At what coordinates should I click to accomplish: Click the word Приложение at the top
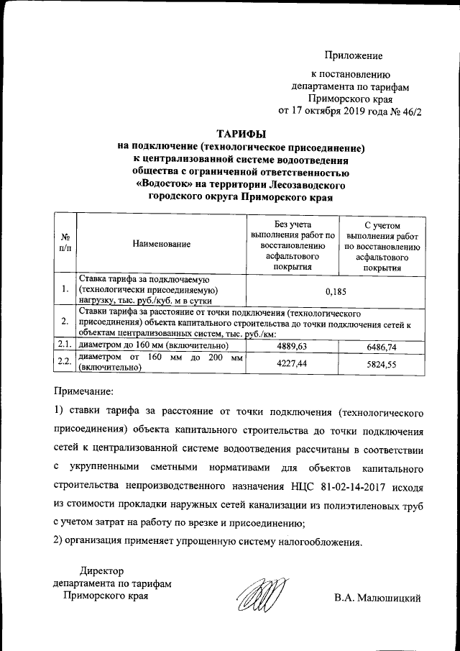[x=353, y=55]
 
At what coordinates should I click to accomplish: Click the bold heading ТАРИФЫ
[x=241, y=133]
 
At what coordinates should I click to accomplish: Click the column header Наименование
[x=161, y=245]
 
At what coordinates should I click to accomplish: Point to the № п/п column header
[x=65, y=244]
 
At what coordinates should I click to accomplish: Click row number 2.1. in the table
[x=65, y=347]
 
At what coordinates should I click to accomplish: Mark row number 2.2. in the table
[x=65, y=363]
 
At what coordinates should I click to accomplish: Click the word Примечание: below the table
[x=84, y=392]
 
